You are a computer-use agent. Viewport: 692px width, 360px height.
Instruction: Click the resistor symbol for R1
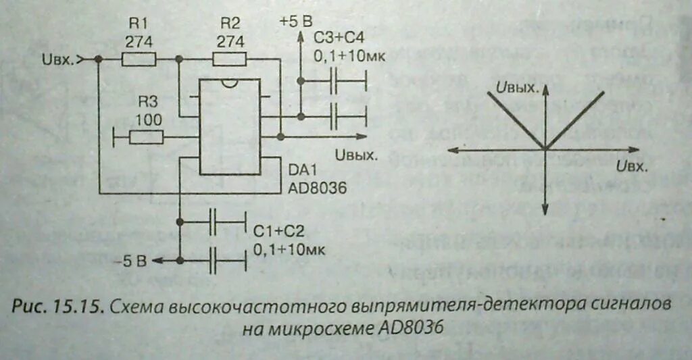point(139,59)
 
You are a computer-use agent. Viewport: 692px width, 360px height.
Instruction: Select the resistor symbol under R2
point(230,59)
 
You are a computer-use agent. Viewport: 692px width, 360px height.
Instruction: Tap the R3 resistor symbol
point(146,138)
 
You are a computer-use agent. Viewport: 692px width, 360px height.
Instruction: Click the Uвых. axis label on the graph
point(517,88)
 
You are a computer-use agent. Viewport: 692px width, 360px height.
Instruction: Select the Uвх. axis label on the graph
point(633,165)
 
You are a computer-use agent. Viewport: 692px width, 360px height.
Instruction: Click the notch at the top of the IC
point(230,83)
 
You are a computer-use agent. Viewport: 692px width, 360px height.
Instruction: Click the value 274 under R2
point(230,41)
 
